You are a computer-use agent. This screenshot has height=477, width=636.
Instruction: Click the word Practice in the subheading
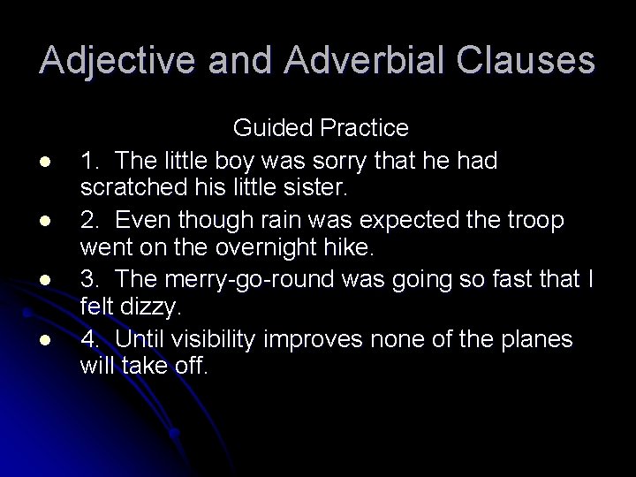364,129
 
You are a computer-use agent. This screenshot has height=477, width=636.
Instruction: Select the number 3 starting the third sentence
87,280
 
